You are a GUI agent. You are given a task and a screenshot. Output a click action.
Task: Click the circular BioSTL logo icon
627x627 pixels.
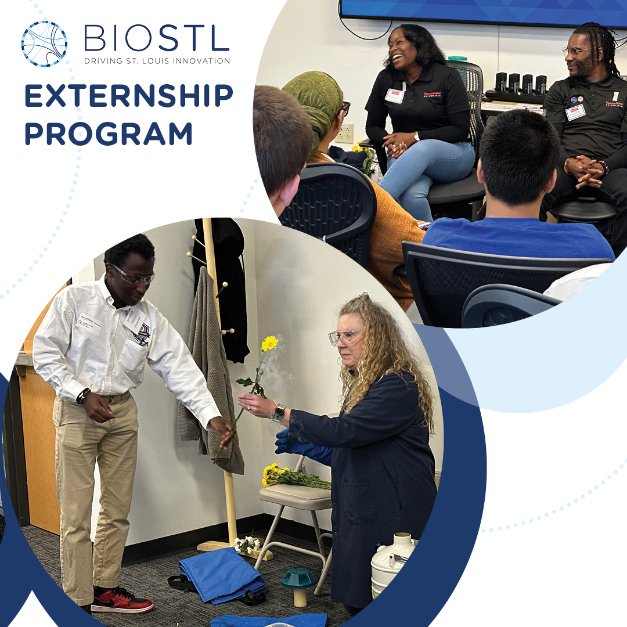(x=44, y=44)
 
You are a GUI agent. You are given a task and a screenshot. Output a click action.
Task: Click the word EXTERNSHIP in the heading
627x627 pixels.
(x=128, y=96)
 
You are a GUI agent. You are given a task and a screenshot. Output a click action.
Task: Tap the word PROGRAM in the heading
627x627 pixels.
(x=108, y=133)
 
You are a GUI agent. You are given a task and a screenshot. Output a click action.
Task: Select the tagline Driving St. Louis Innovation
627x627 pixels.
(x=157, y=60)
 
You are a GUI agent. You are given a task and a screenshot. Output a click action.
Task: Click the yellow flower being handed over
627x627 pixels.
(x=269, y=343)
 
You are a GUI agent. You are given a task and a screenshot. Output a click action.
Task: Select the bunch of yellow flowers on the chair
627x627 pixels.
(x=293, y=477)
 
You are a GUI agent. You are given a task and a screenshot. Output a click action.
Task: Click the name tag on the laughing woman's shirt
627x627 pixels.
(x=395, y=95)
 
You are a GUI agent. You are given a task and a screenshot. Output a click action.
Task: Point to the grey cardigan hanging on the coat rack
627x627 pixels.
(x=212, y=372)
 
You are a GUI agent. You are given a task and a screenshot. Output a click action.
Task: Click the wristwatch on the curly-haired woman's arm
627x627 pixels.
(x=279, y=412)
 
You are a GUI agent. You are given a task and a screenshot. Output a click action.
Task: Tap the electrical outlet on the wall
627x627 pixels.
(x=344, y=133)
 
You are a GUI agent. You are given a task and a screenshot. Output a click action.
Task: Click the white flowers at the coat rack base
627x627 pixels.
(x=247, y=545)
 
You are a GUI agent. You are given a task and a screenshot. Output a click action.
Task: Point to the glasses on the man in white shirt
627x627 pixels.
(x=134, y=275)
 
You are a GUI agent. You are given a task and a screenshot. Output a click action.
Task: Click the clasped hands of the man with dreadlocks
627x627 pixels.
(x=586, y=168)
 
